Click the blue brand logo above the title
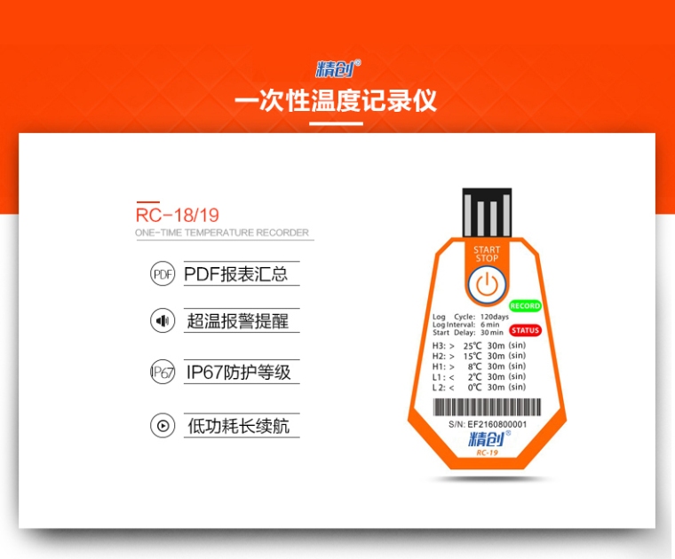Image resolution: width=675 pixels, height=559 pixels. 337,69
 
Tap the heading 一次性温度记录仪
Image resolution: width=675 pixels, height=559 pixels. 336,100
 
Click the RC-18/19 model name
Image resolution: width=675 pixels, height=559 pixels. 178,215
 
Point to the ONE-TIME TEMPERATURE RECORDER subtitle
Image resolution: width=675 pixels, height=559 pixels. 222,232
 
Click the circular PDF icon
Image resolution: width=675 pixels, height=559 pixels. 163,274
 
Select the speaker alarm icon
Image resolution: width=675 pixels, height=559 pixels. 163,320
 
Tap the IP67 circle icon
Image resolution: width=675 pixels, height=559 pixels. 163,372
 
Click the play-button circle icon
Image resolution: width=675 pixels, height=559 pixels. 163,426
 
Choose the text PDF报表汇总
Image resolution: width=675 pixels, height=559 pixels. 236,274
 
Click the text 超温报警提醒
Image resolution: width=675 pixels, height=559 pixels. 238,321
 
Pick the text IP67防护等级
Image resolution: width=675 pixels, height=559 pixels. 239,373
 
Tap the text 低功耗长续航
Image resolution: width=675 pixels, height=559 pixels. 239,426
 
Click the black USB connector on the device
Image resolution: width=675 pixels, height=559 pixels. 487,212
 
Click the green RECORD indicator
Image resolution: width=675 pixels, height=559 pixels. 525,306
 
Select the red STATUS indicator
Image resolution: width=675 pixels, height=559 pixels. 525,330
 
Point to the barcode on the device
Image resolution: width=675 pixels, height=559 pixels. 487,406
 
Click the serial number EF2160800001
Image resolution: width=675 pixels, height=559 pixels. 497,424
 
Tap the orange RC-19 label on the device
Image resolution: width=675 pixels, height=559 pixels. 488,453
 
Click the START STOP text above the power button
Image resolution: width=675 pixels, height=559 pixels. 487,254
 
